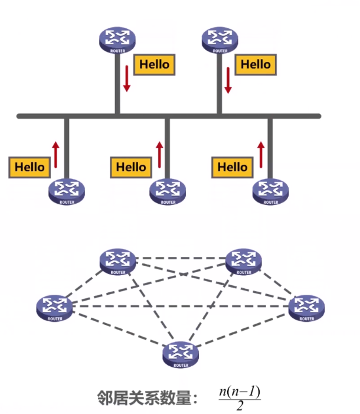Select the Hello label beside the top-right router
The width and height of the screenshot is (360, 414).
(256, 64)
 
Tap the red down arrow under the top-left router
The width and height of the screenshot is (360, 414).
(126, 79)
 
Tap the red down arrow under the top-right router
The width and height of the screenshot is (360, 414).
(228, 80)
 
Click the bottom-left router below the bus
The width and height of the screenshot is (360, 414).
(66, 191)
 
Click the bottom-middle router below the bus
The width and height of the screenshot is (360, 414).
(168, 191)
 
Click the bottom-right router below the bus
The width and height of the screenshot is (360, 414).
(271, 191)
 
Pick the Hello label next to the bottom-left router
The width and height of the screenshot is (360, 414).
(30, 167)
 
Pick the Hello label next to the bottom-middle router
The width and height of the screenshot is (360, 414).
(130, 167)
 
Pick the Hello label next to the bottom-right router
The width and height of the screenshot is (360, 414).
(232, 167)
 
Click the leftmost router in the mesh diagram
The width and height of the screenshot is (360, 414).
(54, 307)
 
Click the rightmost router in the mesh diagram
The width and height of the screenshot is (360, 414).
(306, 307)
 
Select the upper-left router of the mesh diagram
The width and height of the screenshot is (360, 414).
(118, 262)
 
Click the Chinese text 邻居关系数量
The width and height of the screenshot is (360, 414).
(145, 398)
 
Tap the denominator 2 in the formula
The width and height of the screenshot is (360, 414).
(240, 406)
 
